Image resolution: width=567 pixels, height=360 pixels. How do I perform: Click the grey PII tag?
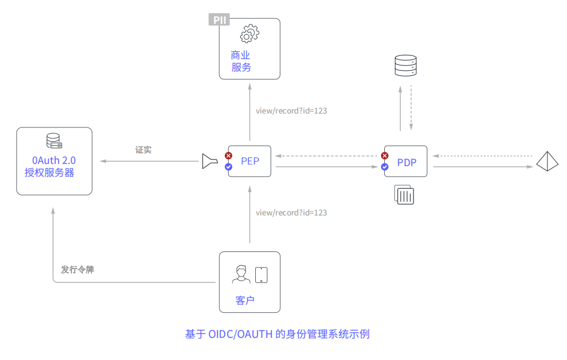[219, 20]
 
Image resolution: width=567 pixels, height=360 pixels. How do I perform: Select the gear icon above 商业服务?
[249, 34]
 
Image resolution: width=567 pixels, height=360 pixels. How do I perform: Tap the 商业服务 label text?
[241, 61]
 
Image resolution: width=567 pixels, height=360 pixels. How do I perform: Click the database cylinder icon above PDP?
[405, 66]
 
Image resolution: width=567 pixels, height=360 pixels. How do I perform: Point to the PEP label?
[250, 161]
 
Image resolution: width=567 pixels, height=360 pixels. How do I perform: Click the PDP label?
[406, 162]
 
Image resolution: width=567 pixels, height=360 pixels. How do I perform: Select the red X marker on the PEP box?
[228, 156]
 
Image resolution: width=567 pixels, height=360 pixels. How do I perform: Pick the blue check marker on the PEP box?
[228, 166]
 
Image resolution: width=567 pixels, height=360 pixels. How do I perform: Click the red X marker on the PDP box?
[385, 156]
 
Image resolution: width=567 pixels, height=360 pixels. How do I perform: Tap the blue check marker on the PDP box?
[385, 166]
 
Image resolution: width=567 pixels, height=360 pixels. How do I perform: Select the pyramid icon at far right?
[548, 161]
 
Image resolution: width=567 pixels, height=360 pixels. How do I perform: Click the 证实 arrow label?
[143, 150]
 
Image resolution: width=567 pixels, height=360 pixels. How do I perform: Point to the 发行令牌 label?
[78, 270]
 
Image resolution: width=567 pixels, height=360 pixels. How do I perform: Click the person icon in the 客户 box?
[241, 274]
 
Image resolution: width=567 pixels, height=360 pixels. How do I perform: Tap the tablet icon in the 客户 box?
[261, 275]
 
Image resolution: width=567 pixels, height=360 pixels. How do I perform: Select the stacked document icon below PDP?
[405, 195]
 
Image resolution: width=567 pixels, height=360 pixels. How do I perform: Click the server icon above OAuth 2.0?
[54, 141]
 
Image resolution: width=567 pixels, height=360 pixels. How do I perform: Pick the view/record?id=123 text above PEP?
[291, 111]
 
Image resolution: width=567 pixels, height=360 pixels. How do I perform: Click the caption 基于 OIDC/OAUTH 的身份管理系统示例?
[277, 334]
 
